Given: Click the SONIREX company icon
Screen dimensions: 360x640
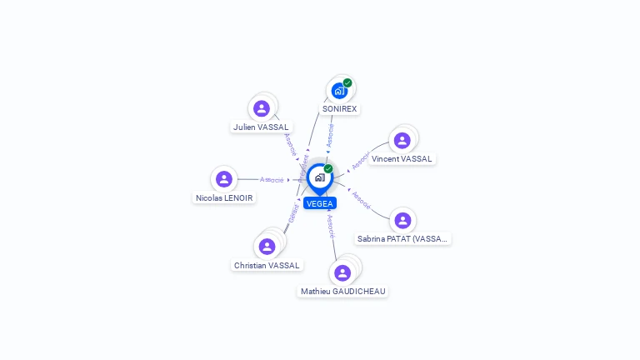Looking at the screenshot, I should tap(339, 91).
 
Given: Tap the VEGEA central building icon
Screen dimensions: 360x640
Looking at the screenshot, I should tap(319, 177).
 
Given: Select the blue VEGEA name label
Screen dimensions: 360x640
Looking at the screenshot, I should tap(320, 203).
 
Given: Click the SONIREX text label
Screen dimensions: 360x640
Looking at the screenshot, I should tap(339, 109).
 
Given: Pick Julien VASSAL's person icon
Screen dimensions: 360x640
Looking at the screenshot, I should tap(262, 108).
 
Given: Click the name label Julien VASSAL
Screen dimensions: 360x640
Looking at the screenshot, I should tap(261, 127).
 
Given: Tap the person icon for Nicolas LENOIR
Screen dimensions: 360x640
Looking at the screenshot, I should tap(223, 179).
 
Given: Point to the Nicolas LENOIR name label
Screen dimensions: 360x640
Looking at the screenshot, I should tap(223, 198).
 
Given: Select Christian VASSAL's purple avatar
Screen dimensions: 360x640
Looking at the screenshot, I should tap(267, 246).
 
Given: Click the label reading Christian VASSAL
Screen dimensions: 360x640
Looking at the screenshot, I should tap(267, 265).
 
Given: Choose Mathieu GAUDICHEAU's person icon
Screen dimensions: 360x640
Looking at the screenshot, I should tap(342, 272).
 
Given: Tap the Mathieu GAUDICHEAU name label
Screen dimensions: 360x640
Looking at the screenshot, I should tap(342, 292).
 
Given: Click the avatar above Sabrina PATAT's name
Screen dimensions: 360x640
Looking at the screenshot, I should tap(402, 220).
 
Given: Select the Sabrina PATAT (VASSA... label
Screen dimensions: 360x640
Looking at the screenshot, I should tap(402, 239).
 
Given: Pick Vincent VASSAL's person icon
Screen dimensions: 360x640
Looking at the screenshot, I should tap(402, 141).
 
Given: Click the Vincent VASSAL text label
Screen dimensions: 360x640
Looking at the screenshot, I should tap(402, 159).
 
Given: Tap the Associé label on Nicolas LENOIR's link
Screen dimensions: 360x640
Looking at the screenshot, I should tap(272, 179).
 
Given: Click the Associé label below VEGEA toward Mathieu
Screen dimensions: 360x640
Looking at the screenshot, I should tap(331, 227).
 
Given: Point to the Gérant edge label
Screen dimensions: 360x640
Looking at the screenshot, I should tap(293, 213).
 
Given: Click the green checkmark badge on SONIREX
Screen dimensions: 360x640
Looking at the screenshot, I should tap(347, 82).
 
